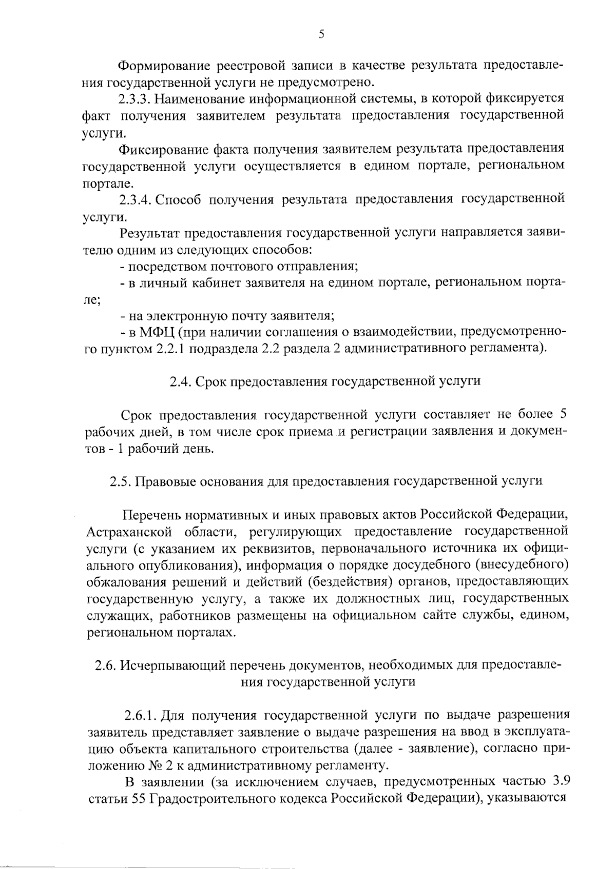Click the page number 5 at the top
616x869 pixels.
tap(321, 34)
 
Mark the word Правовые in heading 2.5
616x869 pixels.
tap(166, 481)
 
